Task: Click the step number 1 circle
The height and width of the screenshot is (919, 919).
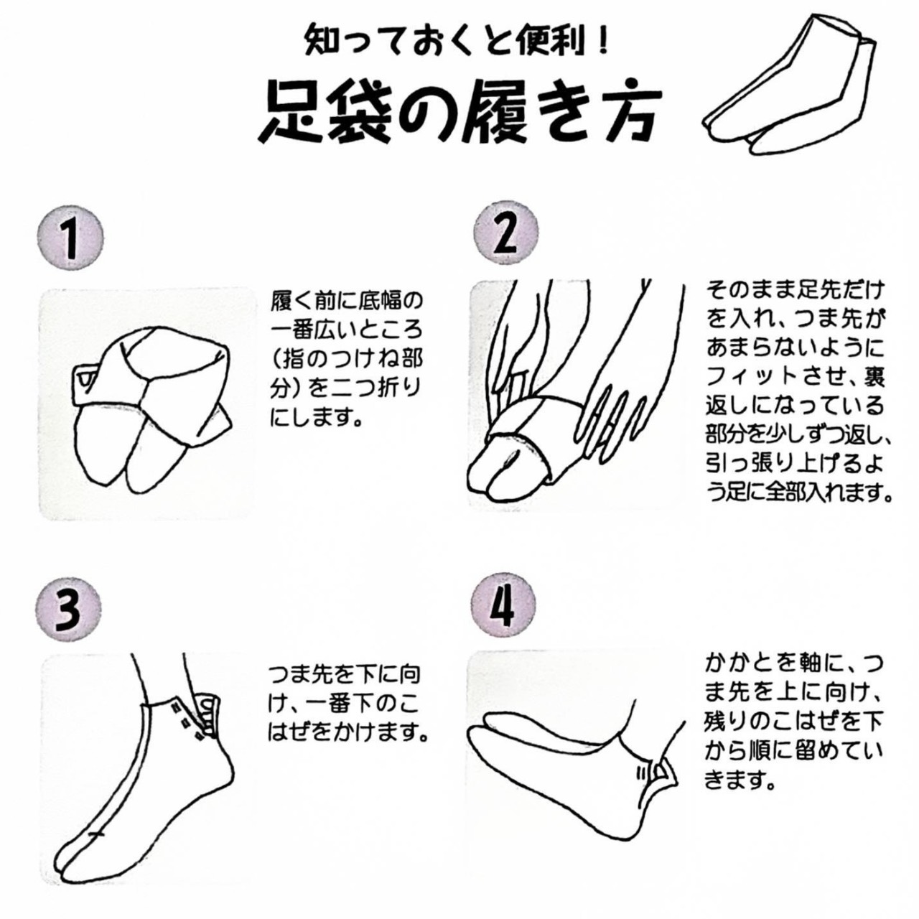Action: coord(70,237)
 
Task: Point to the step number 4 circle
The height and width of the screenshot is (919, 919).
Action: coord(503,607)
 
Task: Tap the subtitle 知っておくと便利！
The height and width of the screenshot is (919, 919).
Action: coord(457,42)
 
